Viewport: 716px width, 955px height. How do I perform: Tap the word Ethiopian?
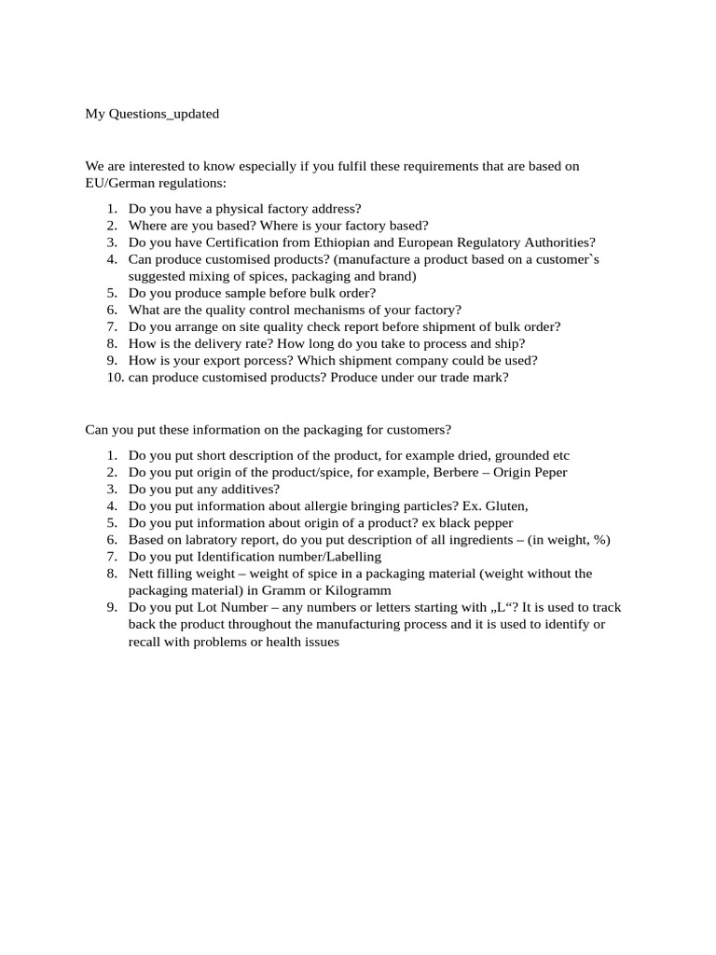pyautogui.click(x=351, y=242)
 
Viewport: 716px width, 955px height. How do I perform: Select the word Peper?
pyautogui.click(x=549, y=473)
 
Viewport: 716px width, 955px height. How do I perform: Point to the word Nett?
pyautogui.click(x=143, y=574)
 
